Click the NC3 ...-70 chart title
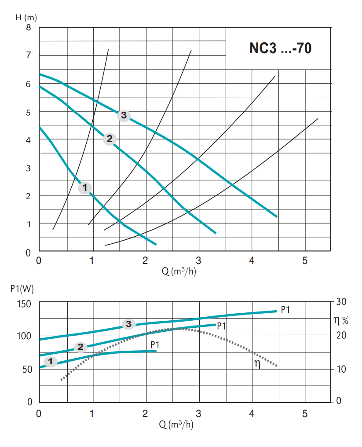click(281, 48)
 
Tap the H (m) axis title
click(26, 18)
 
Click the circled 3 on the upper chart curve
click(124, 116)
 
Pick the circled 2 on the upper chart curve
click(110, 139)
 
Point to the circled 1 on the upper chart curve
click(85, 188)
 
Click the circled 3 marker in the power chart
click(128, 324)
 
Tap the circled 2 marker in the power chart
click(80, 347)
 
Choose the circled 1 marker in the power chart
click(51, 362)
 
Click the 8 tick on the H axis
click(29, 28)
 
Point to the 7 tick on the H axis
click(29, 55)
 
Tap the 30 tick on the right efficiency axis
click(342, 301)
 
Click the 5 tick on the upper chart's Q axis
click(305, 260)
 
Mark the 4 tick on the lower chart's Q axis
click(252, 414)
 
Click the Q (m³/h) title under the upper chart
click(179, 271)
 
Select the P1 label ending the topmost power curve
click(285, 310)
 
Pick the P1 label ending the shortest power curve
click(154, 344)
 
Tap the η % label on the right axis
click(341, 319)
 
